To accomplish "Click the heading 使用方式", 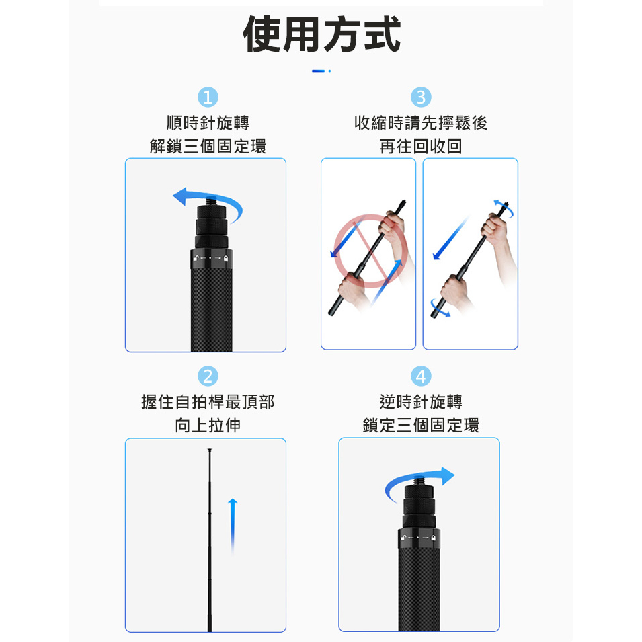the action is [321, 34].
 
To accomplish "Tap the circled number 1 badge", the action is [208, 97].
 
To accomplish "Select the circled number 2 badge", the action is [208, 376].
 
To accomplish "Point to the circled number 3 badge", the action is [421, 97].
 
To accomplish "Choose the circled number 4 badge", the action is [421, 376].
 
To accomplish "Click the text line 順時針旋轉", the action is [208, 123].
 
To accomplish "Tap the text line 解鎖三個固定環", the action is [208, 146].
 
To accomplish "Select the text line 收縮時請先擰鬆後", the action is [421, 123].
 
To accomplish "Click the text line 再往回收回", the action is [421, 146].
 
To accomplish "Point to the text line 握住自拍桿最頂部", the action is [208, 401].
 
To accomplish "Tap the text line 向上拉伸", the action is [208, 425].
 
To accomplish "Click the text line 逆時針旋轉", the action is [421, 401].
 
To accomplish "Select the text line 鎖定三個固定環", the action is [421, 425].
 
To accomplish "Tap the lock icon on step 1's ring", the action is [226, 258].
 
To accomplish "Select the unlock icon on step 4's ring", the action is [403, 537].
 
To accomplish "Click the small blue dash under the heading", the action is [318, 71].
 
